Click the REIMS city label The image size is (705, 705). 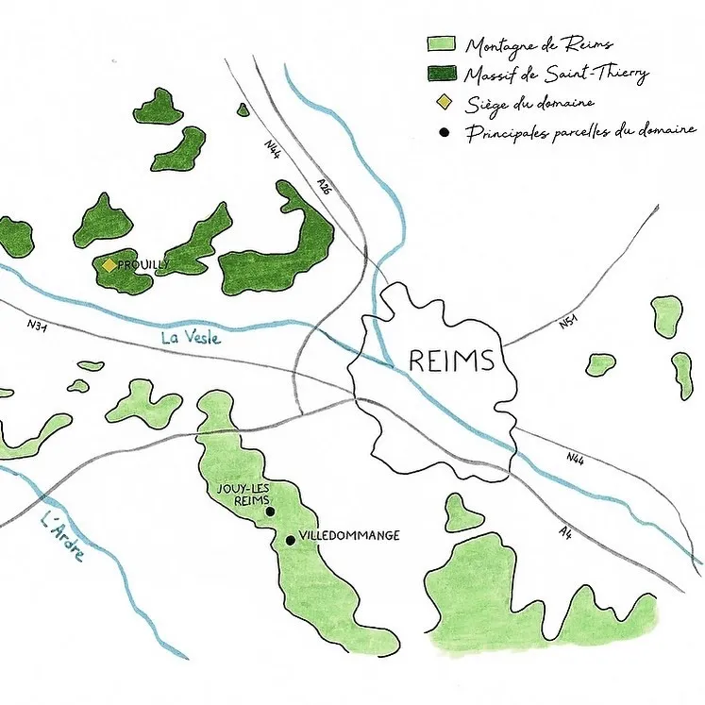tap(451, 361)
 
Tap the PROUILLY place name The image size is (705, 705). tap(143, 265)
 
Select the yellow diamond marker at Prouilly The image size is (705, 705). tap(109, 266)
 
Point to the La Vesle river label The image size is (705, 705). tap(190, 335)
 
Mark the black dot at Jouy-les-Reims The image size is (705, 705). tap(270, 512)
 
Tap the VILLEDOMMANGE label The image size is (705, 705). tap(348, 535)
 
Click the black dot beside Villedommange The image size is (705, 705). tap(290, 540)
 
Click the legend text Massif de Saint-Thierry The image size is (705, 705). tap(557, 74)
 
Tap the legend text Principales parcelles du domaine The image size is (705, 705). tap(580, 131)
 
